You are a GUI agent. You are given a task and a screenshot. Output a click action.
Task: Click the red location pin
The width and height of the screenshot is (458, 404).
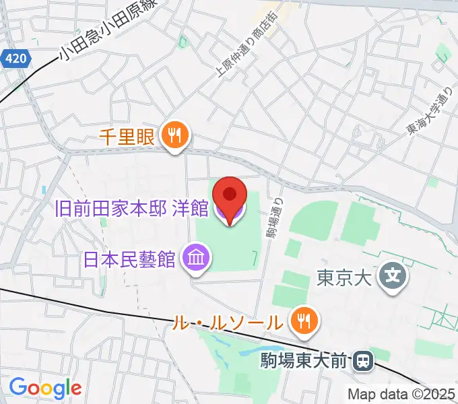[230, 196]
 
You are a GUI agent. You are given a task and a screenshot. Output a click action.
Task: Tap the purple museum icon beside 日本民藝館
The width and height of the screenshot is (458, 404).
[197, 258]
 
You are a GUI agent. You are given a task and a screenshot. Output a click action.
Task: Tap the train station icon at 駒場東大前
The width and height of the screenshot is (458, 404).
[362, 362]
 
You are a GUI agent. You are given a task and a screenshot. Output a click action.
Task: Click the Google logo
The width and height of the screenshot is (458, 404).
[45, 388]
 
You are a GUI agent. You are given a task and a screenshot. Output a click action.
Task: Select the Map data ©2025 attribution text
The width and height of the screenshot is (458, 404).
[401, 394]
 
